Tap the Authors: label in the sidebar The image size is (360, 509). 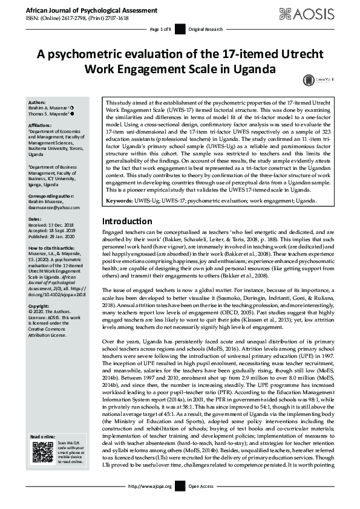(38, 103)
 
